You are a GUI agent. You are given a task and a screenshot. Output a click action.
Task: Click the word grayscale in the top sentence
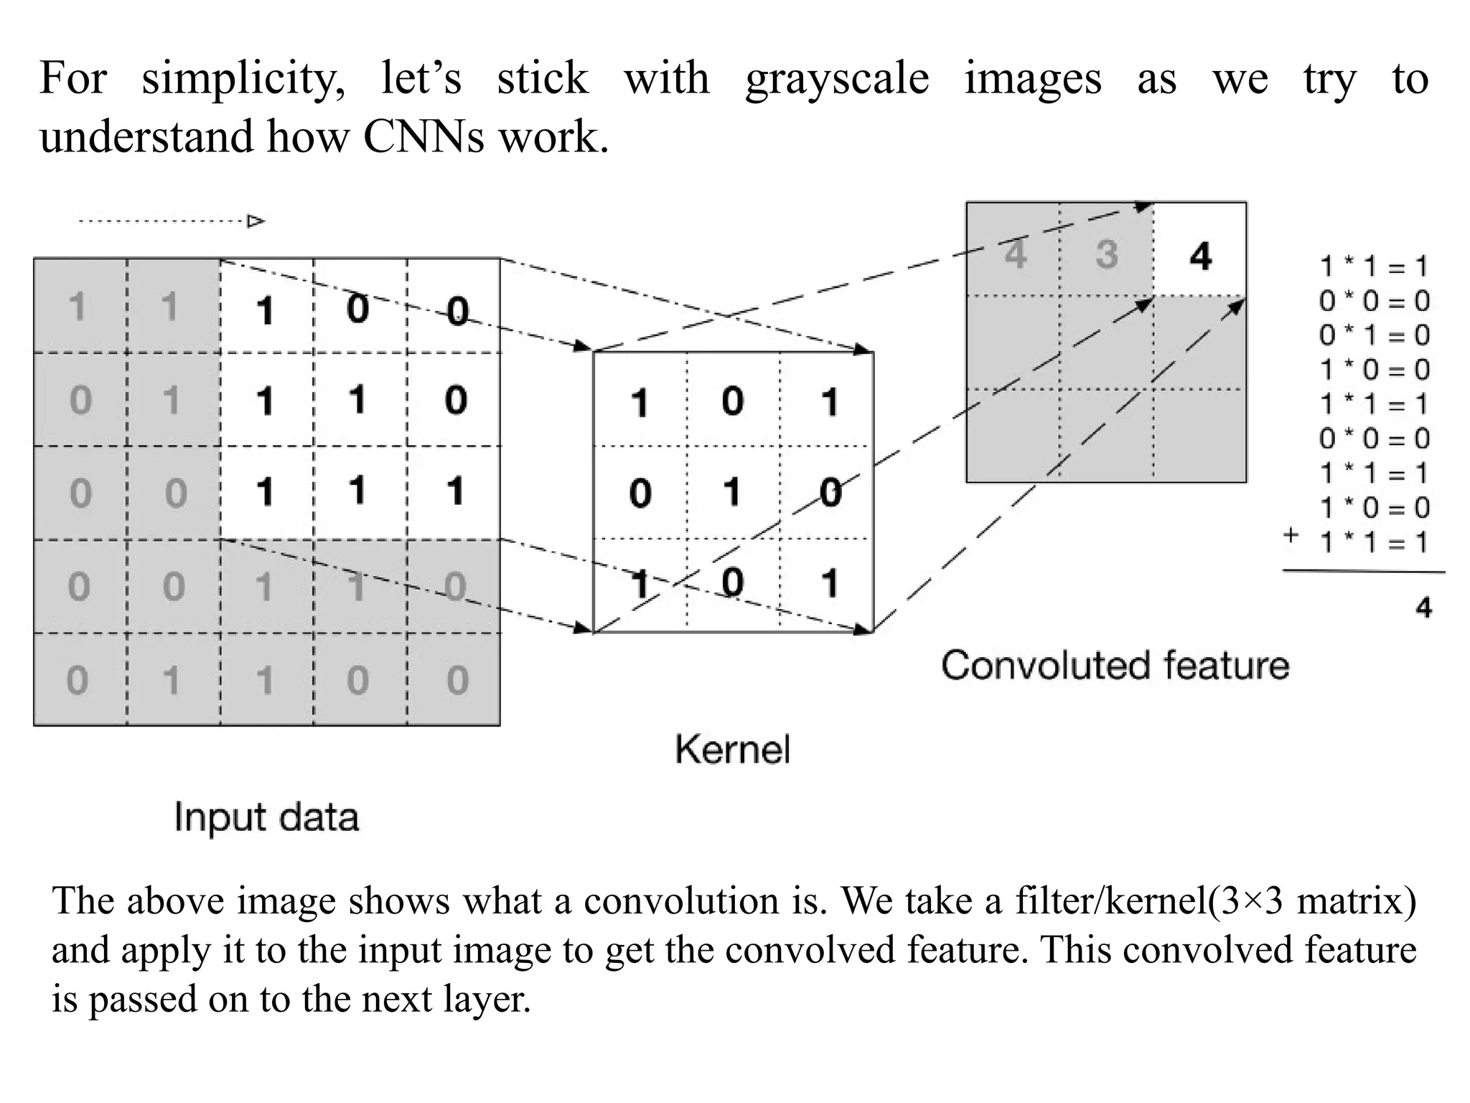[x=837, y=79]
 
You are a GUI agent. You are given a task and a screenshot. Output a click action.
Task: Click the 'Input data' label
[x=266, y=818]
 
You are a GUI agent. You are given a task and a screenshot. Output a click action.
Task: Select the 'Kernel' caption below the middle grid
[x=732, y=750]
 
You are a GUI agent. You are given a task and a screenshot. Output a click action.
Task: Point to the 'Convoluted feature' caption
[x=1115, y=665]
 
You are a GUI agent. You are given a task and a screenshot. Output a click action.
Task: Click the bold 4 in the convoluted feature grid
[x=1200, y=256]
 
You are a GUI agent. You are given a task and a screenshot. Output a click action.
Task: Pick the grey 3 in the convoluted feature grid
[x=1106, y=255]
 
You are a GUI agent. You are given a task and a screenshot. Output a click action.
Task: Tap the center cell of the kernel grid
[x=732, y=493]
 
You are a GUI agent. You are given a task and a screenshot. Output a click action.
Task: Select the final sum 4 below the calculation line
[x=1423, y=608]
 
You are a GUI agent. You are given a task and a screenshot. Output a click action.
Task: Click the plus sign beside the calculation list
[x=1291, y=535]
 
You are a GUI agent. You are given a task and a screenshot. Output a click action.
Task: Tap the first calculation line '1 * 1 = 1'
[x=1374, y=267]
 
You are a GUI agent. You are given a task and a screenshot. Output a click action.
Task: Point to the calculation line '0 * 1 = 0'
[x=1374, y=335]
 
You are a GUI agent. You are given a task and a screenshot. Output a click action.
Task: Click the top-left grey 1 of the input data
[x=77, y=307]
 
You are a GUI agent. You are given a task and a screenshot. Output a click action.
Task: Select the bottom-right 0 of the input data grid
[x=457, y=680]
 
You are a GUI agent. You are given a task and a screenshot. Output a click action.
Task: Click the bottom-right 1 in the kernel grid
[x=830, y=583]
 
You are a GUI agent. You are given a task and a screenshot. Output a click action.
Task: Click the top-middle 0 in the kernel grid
[x=732, y=401]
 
